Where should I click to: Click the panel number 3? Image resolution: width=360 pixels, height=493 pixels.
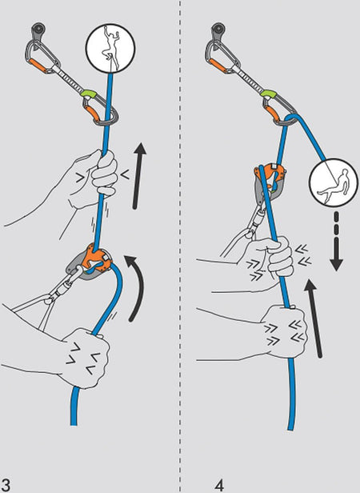tap(6, 483)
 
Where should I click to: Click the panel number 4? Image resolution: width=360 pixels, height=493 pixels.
tap(219, 483)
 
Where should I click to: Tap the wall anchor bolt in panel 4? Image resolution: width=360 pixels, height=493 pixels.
tap(218, 31)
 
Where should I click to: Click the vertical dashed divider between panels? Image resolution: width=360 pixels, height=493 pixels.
tap(181, 240)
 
